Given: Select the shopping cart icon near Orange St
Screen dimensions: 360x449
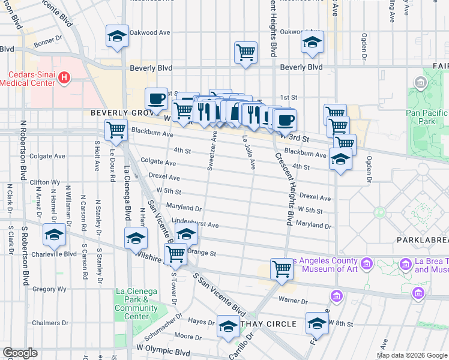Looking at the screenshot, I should (x=175, y=253).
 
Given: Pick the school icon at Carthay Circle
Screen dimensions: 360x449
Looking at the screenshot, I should (x=228, y=326).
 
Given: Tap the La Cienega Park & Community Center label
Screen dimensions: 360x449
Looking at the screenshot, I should (x=136, y=304).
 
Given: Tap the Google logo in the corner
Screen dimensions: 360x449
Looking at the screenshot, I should (x=20, y=353).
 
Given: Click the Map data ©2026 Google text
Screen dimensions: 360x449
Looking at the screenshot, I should (x=411, y=355).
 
